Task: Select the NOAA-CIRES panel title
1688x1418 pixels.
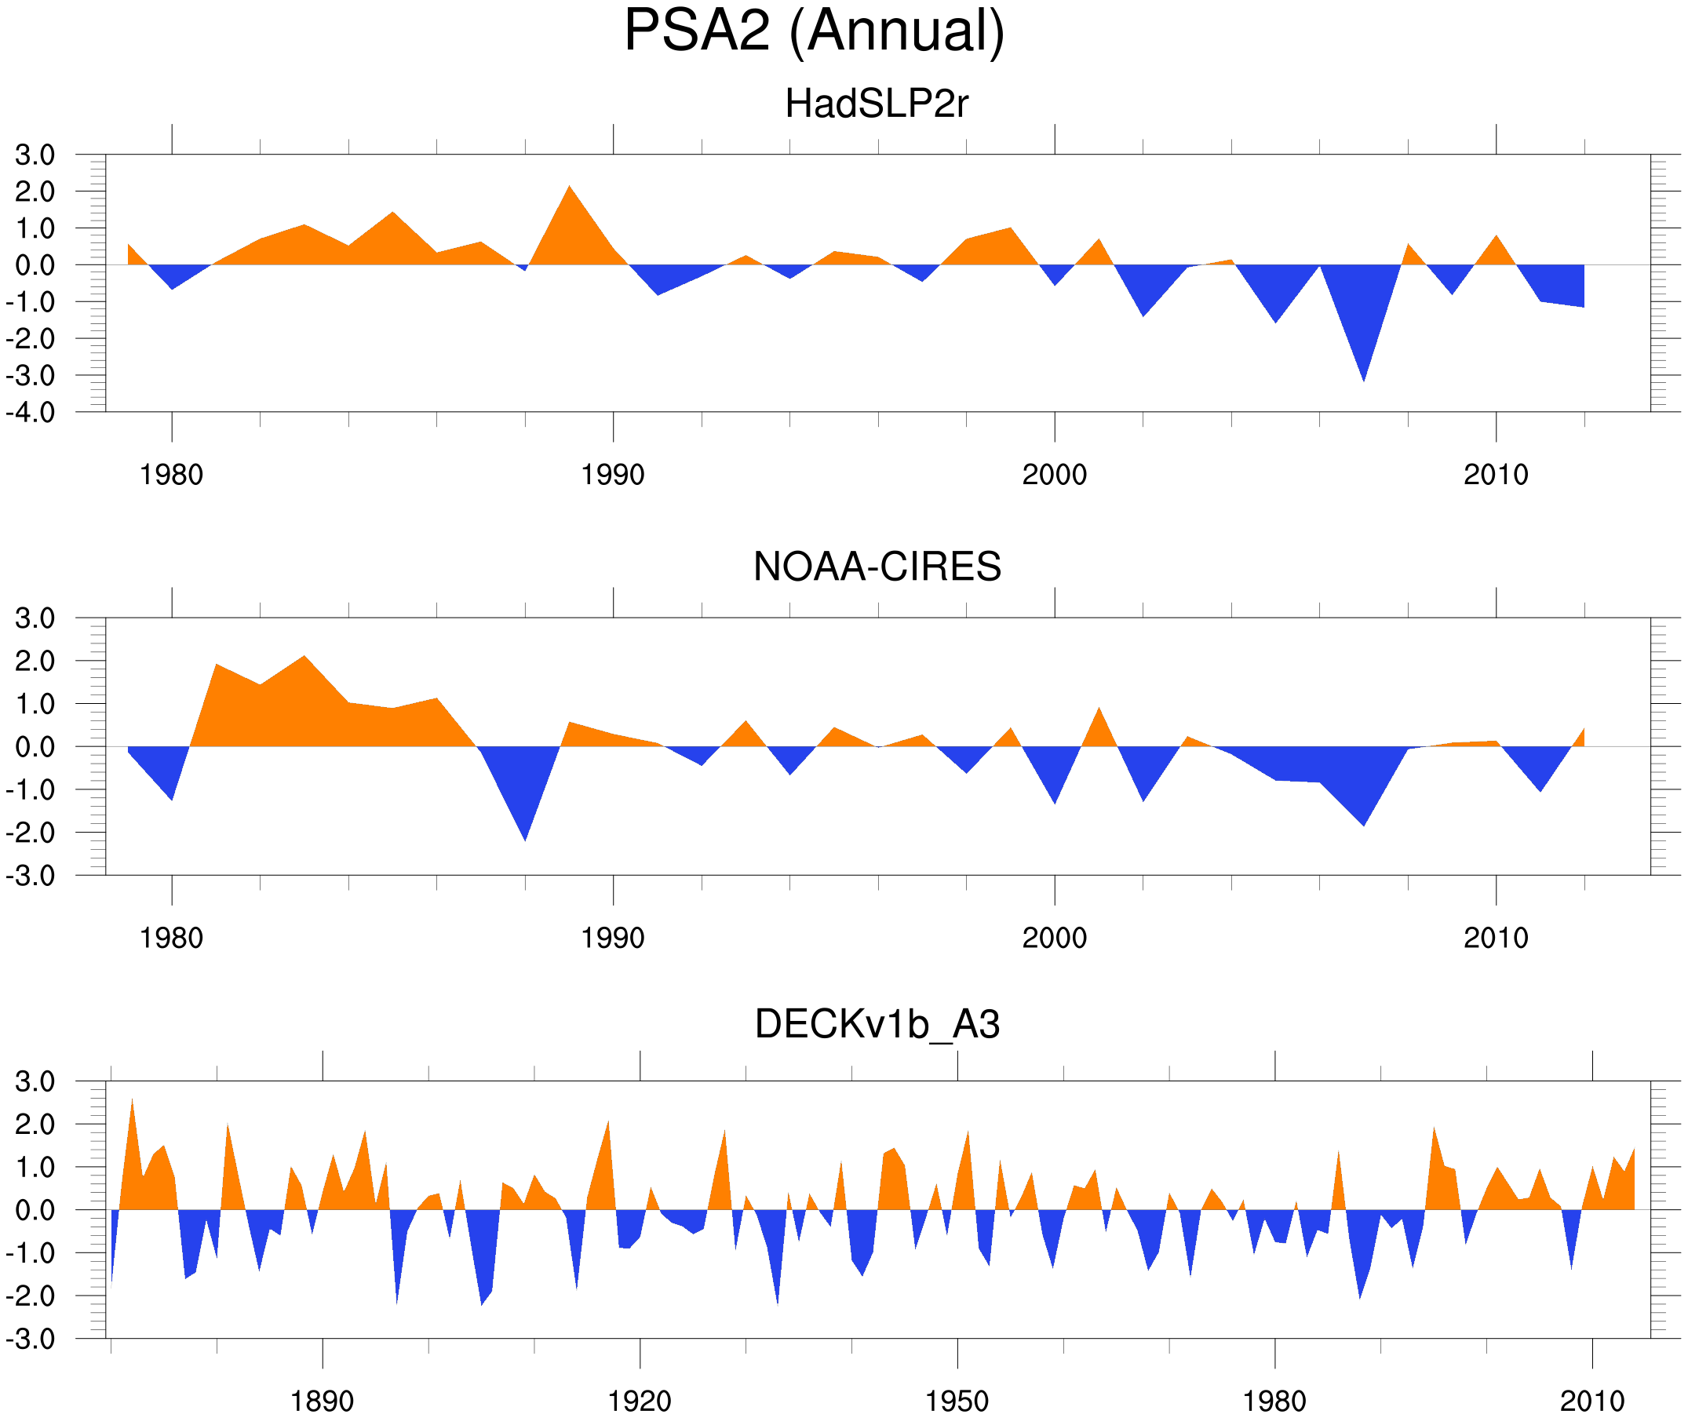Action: coord(876,567)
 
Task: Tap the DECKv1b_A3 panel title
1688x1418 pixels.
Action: coord(876,1024)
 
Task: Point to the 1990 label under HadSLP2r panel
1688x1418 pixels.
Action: coord(613,475)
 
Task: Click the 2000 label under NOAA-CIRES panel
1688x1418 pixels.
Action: coord(1054,938)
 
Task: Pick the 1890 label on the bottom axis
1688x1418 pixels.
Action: coord(322,1401)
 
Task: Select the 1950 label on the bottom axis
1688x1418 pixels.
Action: coord(957,1401)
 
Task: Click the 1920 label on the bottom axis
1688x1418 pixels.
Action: coord(639,1401)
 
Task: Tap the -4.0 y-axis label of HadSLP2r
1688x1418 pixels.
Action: coord(31,414)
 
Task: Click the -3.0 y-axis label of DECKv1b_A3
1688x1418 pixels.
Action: coord(31,1340)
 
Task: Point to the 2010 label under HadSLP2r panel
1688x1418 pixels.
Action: coord(1495,475)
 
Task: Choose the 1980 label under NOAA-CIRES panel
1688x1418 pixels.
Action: coord(171,938)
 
